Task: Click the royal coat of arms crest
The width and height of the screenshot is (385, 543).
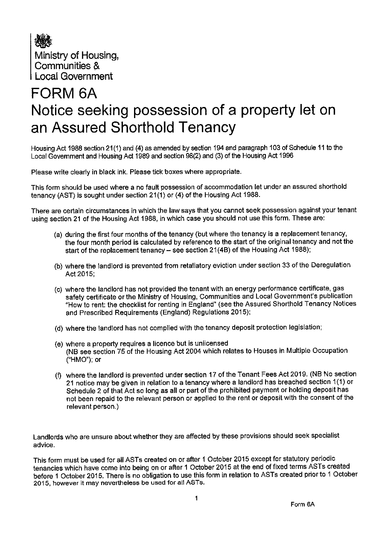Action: [x=43, y=41]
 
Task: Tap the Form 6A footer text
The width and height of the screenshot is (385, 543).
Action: [x=302, y=504]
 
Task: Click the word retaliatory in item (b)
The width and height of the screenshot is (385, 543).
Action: [x=205, y=265]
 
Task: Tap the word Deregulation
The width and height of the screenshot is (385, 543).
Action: [x=332, y=265]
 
